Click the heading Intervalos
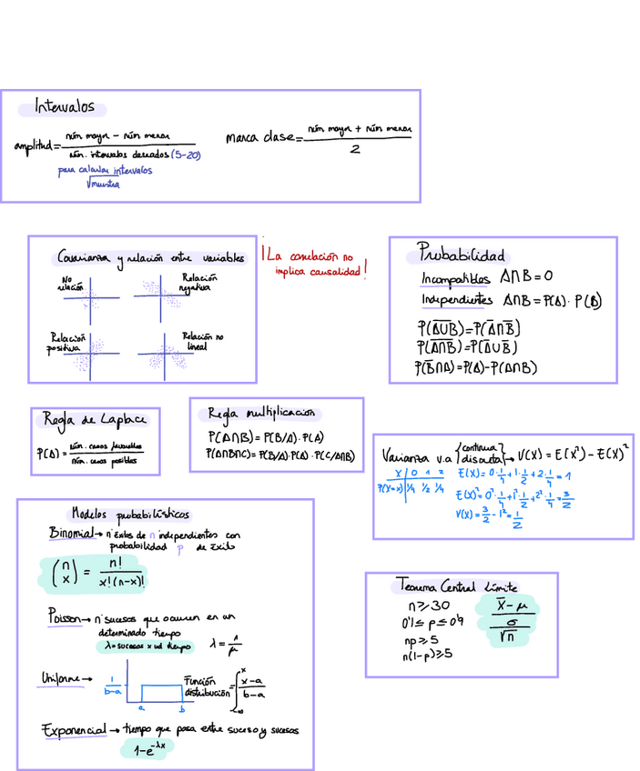point(65,107)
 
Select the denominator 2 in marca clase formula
point(355,150)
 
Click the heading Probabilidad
point(461,254)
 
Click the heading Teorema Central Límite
point(461,585)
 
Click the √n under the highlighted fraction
point(508,638)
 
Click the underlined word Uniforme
point(66,678)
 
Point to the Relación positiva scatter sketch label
point(66,342)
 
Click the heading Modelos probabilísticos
point(130,514)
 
